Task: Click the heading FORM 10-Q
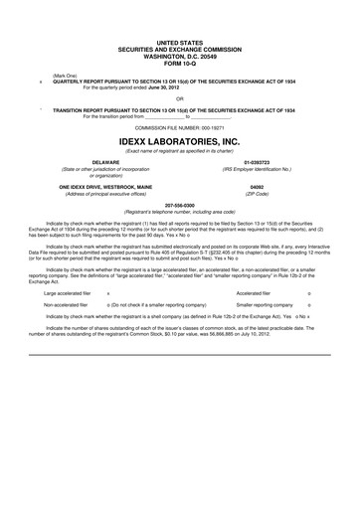(x=180, y=66)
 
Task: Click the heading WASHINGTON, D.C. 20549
(x=180, y=59)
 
